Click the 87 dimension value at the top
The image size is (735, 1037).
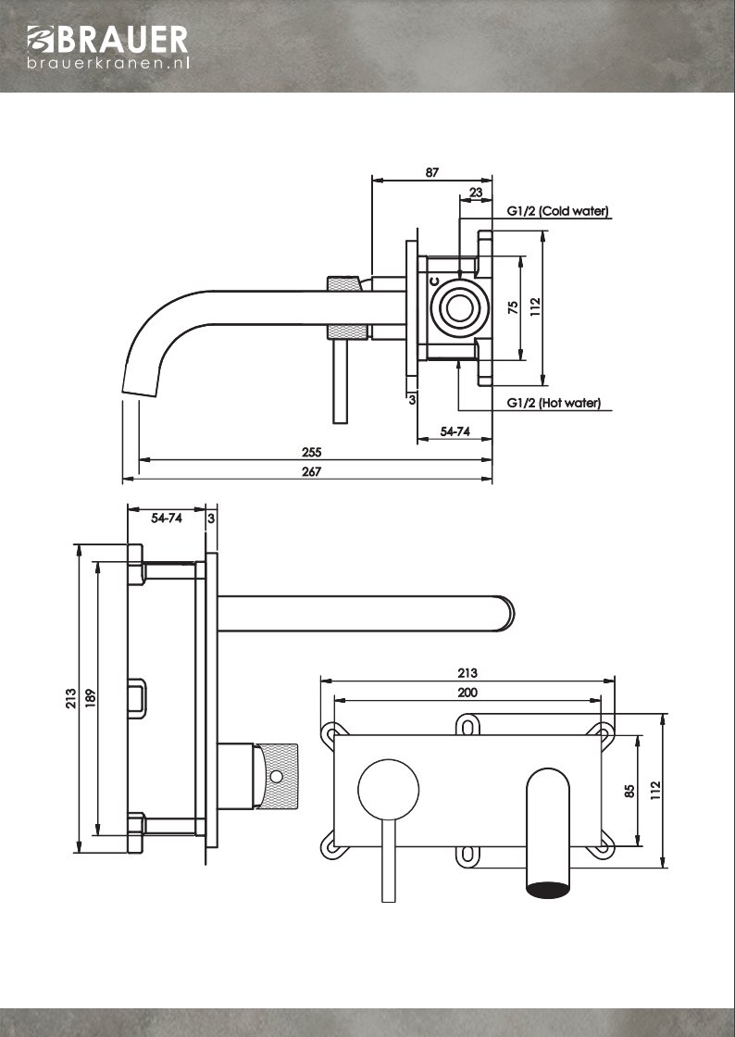tap(431, 173)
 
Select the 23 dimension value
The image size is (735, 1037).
tap(476, 193)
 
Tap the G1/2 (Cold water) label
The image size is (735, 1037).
tap(557, 211)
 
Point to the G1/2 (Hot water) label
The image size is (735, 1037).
tap(554, 403)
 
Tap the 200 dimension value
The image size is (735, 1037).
tap(467, 693)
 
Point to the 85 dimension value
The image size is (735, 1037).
tap(629, 792)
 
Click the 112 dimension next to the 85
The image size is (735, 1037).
tap(655, 791)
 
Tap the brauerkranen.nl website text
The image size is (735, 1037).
tap(108, 63)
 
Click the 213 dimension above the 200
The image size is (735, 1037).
tap(467, 673)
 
